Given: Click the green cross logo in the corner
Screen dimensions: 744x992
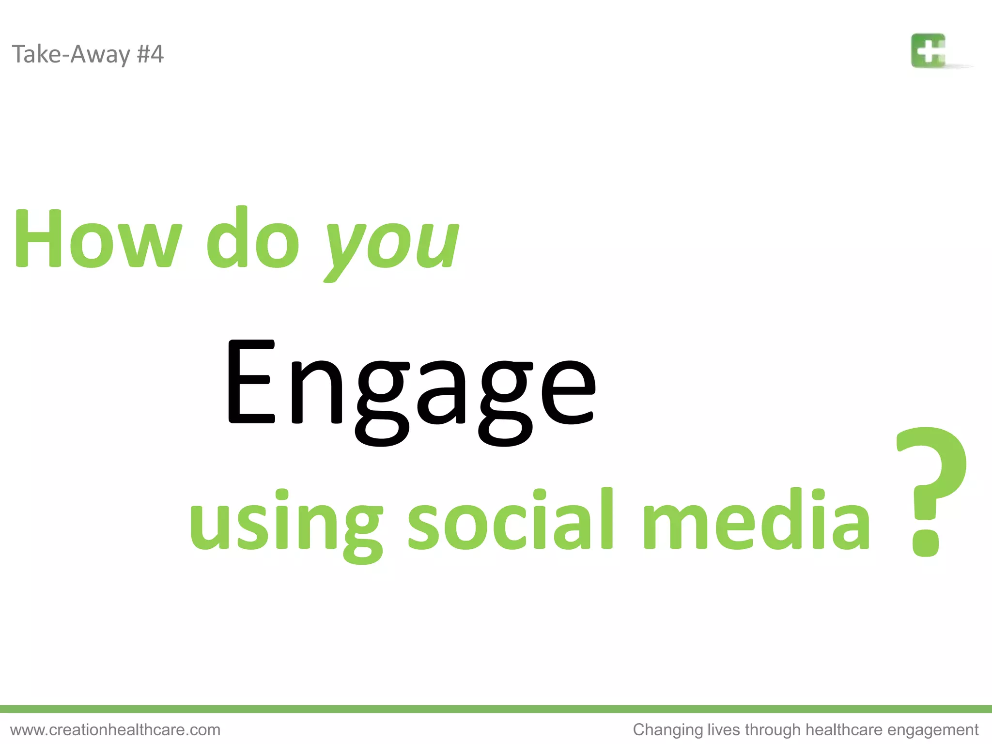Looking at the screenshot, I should (928, 50).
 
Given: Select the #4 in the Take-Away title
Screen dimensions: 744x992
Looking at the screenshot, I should (150, 54).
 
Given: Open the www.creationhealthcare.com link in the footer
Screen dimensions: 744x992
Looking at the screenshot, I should (115, 729).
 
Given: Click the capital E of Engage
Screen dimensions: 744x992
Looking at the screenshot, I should (251, 382).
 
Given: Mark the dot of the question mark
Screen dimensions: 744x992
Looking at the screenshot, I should (925, 543).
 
